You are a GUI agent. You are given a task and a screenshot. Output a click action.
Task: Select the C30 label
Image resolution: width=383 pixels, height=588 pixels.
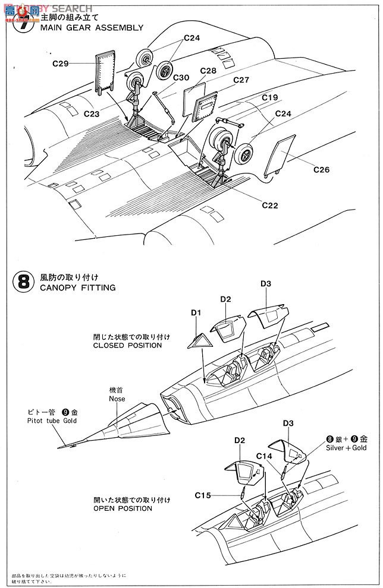click(181, 77)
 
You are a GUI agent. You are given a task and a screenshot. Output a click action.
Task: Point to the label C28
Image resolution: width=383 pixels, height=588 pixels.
click(208, 70)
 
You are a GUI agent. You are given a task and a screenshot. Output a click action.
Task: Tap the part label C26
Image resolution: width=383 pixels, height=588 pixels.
click(321, 169)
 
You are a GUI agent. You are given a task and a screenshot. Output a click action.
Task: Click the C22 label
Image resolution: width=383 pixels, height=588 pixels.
click(269, 206)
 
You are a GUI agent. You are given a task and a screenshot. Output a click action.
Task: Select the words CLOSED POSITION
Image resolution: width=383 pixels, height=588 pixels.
click(127, 344)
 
